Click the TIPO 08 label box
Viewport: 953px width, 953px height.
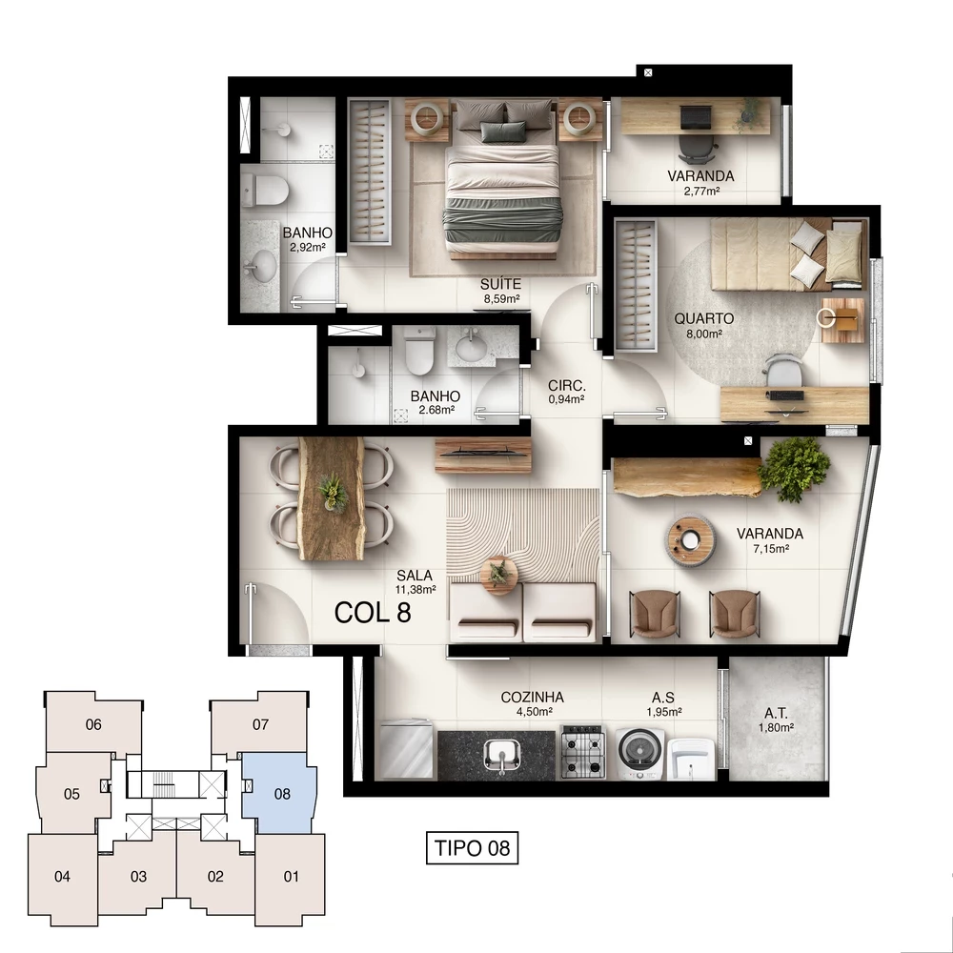(x=472, y=847)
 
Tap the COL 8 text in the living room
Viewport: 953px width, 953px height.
(x=373, y=612)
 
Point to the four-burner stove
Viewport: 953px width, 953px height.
(x=581, y=753)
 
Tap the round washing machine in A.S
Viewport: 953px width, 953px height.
(x=637, y=753)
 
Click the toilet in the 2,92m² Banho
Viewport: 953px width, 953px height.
(x=263, y=188)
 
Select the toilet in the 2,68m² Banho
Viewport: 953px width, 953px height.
(x=419, y=354)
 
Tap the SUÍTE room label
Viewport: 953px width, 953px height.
(x=500, y=284)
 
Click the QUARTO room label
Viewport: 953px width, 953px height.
(x=703, y=319)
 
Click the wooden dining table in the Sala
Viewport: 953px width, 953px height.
(x=332, y=497)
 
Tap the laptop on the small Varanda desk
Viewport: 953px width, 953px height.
(x=696, y=116)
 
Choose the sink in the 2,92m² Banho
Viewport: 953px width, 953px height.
(x=258, y=261)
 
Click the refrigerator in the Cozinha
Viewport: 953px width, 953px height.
(x=405, y=752)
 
